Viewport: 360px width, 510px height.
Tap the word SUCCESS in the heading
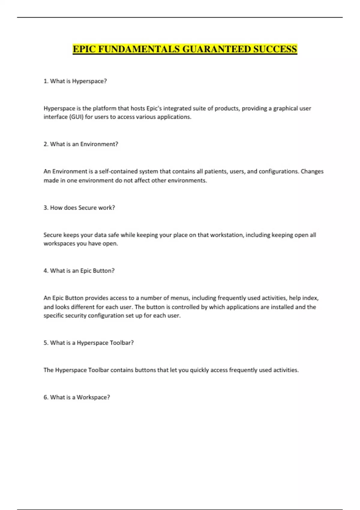click(x=275, y=49)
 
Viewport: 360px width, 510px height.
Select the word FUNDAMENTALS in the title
click(x=139, y=49)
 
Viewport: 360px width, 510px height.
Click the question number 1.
click(x=46, y=81)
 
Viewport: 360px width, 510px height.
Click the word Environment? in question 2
click(x=99, y=144)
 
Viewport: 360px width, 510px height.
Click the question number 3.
click(x=46, y=208)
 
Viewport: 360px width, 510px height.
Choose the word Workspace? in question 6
click(x=93, y=397)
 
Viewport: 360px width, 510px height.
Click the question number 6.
click(x=46, y=397)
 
